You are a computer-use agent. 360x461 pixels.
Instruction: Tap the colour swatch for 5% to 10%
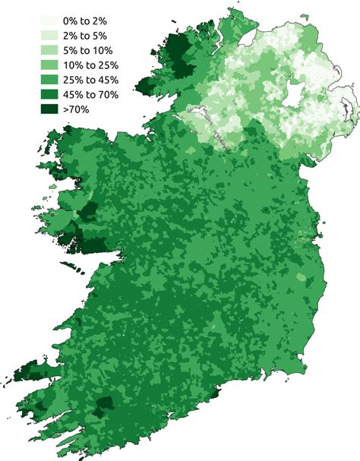pos(52,50)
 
